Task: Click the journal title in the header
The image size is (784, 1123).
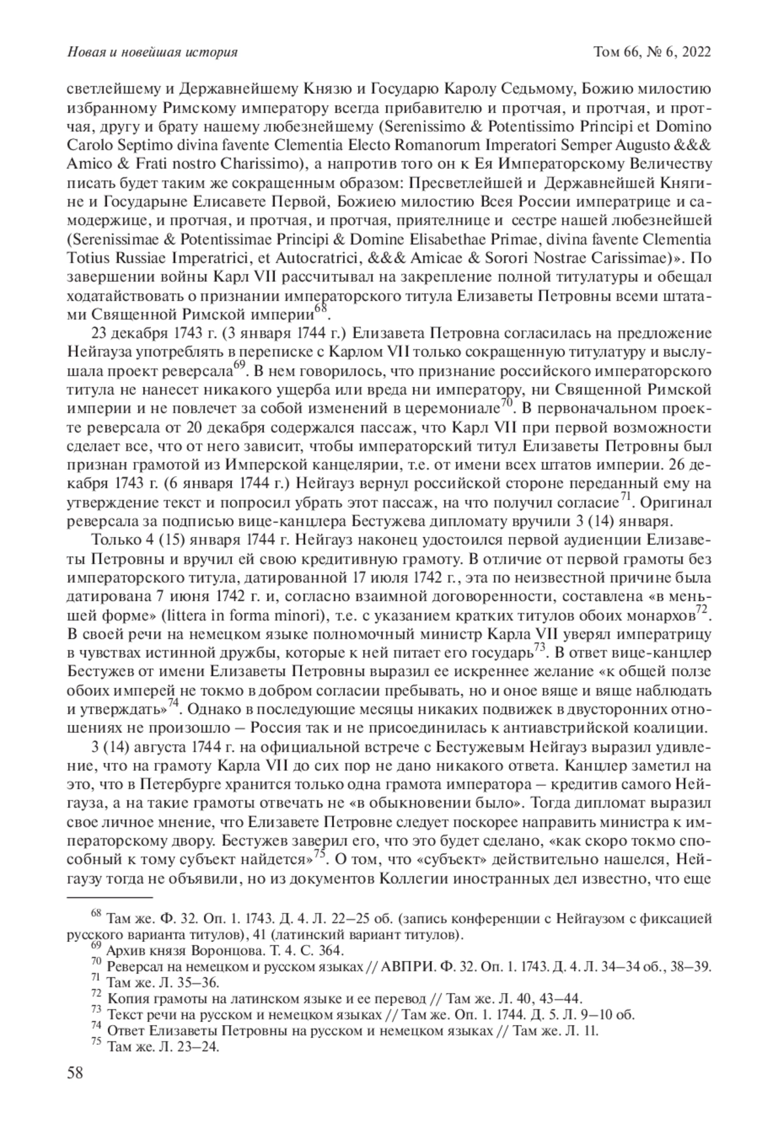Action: click(x=152, y=52)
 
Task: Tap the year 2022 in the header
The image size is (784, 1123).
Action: click(x=694, y=52)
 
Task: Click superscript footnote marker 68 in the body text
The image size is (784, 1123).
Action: click(x=319, y=307)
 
